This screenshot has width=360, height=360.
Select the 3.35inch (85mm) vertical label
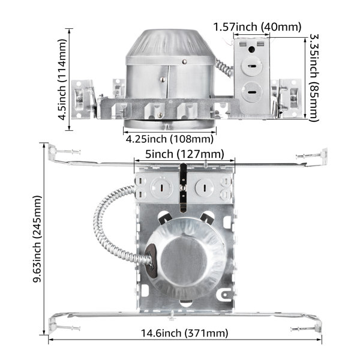click(x=314, y=78)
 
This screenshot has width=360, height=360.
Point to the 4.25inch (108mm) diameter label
click(x=169, y=139)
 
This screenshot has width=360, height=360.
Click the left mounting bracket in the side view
click(x=84, y=96)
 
